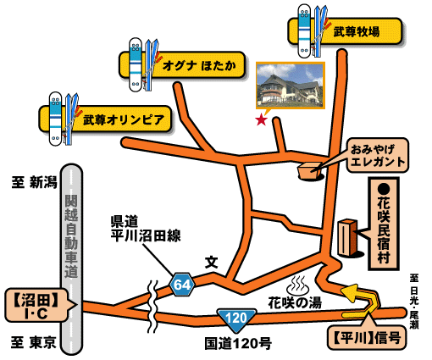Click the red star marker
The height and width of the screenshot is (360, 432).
(261, 120)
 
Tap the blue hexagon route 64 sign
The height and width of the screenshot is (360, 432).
(182, 285)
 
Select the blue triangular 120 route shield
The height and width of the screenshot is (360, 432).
(236, 320)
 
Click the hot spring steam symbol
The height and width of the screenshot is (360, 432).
(298, 285)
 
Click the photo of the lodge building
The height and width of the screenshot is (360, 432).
(291, 86)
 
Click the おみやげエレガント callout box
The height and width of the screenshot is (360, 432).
(378, 155)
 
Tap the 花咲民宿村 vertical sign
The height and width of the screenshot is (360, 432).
(384, 224)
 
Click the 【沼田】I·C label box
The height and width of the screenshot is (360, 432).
(36, 305)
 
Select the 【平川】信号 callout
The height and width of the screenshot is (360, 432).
(367, 338)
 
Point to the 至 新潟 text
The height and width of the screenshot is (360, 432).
(35, 182)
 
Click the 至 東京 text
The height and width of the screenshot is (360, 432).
(34, 342)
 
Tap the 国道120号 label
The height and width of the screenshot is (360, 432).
(238, 344)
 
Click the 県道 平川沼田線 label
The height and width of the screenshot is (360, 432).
(146, 229)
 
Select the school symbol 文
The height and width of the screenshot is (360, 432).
(211, 263)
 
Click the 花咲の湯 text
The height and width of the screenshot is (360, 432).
(295, 303)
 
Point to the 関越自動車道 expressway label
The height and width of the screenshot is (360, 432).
(71, 236)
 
